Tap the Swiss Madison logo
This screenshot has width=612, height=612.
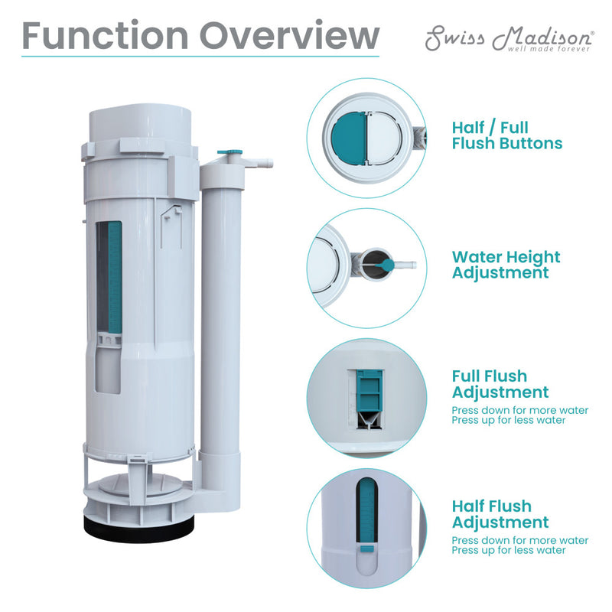(x=509, y=38)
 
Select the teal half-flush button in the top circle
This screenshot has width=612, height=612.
(x=349, y=138)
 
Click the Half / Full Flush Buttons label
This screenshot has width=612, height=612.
(x=506, y=135)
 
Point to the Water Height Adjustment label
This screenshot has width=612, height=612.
(x=506, y=265)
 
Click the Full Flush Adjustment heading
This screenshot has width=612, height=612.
(x=500, y=384)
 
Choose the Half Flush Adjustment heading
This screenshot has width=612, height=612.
(x=500, y=514)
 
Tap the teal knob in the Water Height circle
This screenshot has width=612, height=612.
(x=387, y=265)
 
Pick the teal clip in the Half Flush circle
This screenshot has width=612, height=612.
(x=366, y=548)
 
